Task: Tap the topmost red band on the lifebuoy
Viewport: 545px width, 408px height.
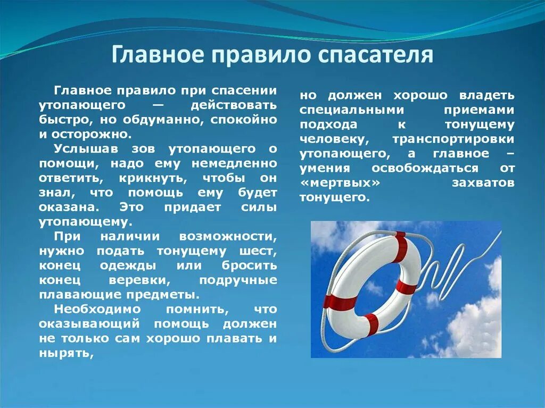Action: [400, 247]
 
